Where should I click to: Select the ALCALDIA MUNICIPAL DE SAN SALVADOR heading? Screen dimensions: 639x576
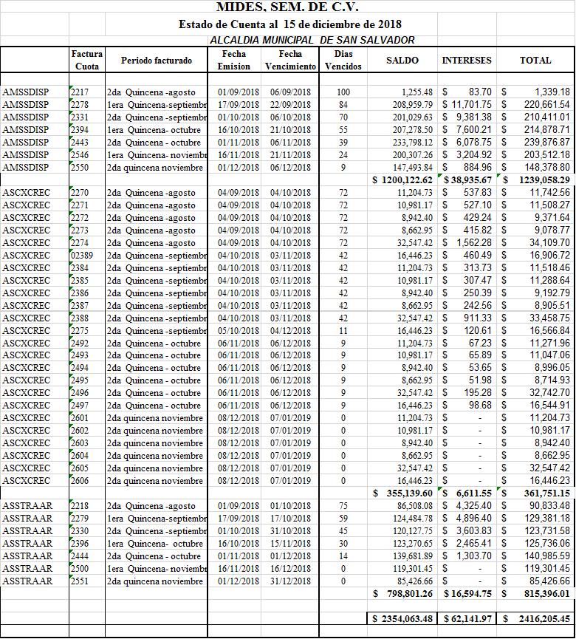[x=312, y=40]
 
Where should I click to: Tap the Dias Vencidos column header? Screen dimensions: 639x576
[x=343, y=60]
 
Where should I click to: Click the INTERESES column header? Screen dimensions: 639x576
[x=467, y=61]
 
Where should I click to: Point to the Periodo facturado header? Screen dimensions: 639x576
[x=157, y=61]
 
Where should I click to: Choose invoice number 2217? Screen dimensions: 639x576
[x=80, y=92]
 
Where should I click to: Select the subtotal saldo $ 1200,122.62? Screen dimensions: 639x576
[x=402, y=180]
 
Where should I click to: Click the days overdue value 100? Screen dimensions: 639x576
[x=343, y=92]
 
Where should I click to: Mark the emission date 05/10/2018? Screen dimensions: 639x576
[x=239, y=330]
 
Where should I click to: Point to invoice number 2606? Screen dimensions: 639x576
[x=80, y=481]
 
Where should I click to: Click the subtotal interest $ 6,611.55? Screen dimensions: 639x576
[x=466, y=493]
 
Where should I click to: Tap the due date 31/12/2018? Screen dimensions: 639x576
[x=290, y=581]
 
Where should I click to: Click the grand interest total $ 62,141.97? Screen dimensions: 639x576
[x=466, y=618]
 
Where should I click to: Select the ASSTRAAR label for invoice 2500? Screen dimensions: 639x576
[x=27, y=568]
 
